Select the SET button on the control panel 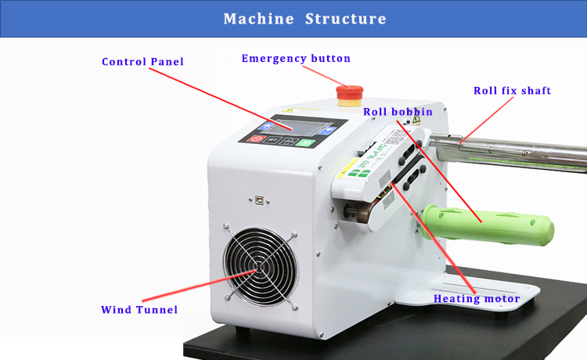tap(273, 140)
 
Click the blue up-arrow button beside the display tap(267, 126)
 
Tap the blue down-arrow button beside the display tap(328, 131)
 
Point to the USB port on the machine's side tap(259, 200)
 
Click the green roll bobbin tap(488, 224)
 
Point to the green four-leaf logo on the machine tap(358, 173)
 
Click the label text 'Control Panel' tap(142, 62)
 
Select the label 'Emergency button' tap(296, 59)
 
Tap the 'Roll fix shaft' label tap(512, 91)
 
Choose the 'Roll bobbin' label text tap(398, 111)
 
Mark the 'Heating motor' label tap(477, 299)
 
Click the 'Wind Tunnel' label tap(139, 309)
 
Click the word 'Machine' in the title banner tap(259, 19)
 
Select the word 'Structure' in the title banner tap(345, 19)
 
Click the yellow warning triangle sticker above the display tap(288, 111)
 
